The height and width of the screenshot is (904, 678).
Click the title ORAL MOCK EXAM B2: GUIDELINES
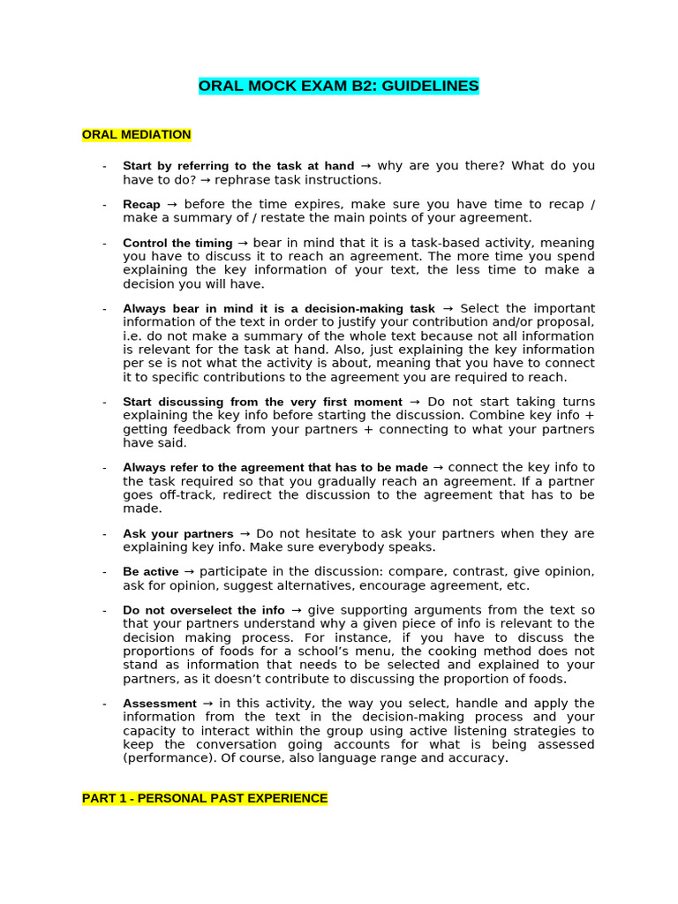coord(339,86)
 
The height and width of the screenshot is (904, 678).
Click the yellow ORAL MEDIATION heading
coord(137,135)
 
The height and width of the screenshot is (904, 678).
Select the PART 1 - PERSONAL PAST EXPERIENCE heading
coord(205,798)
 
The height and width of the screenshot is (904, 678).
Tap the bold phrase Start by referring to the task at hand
coord(238,166)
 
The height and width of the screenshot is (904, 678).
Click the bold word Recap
coord(141,205)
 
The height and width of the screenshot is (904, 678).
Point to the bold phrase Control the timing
coord(177,243)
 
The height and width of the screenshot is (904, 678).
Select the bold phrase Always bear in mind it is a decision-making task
coord(279,309)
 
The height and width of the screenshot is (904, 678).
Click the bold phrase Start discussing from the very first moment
coord(262,403)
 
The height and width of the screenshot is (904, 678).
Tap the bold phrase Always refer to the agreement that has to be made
coord(275,468)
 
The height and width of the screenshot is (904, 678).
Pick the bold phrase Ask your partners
coord(178,534)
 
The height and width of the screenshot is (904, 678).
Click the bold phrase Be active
coord(151,572)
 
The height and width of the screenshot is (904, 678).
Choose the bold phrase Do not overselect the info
coord(204,610)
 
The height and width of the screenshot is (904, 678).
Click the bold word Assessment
coord(160,704)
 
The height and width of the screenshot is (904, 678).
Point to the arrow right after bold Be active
coord(189,572)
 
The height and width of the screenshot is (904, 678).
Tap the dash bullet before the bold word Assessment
coord(104,704)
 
